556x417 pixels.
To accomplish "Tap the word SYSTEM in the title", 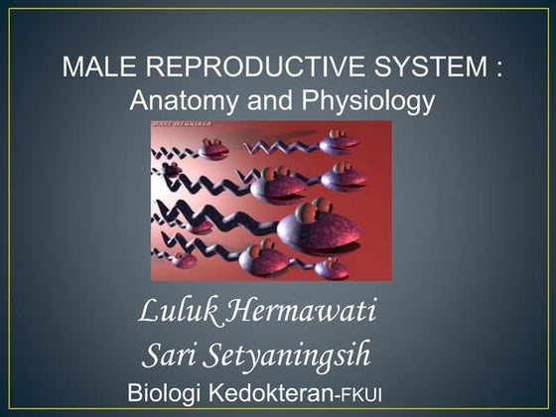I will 415,69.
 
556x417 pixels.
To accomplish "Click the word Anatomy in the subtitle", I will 180,100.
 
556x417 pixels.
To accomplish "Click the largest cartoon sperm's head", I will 318,230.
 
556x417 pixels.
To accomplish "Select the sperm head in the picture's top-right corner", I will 341,142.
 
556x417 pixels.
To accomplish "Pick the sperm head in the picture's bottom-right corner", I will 332,268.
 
